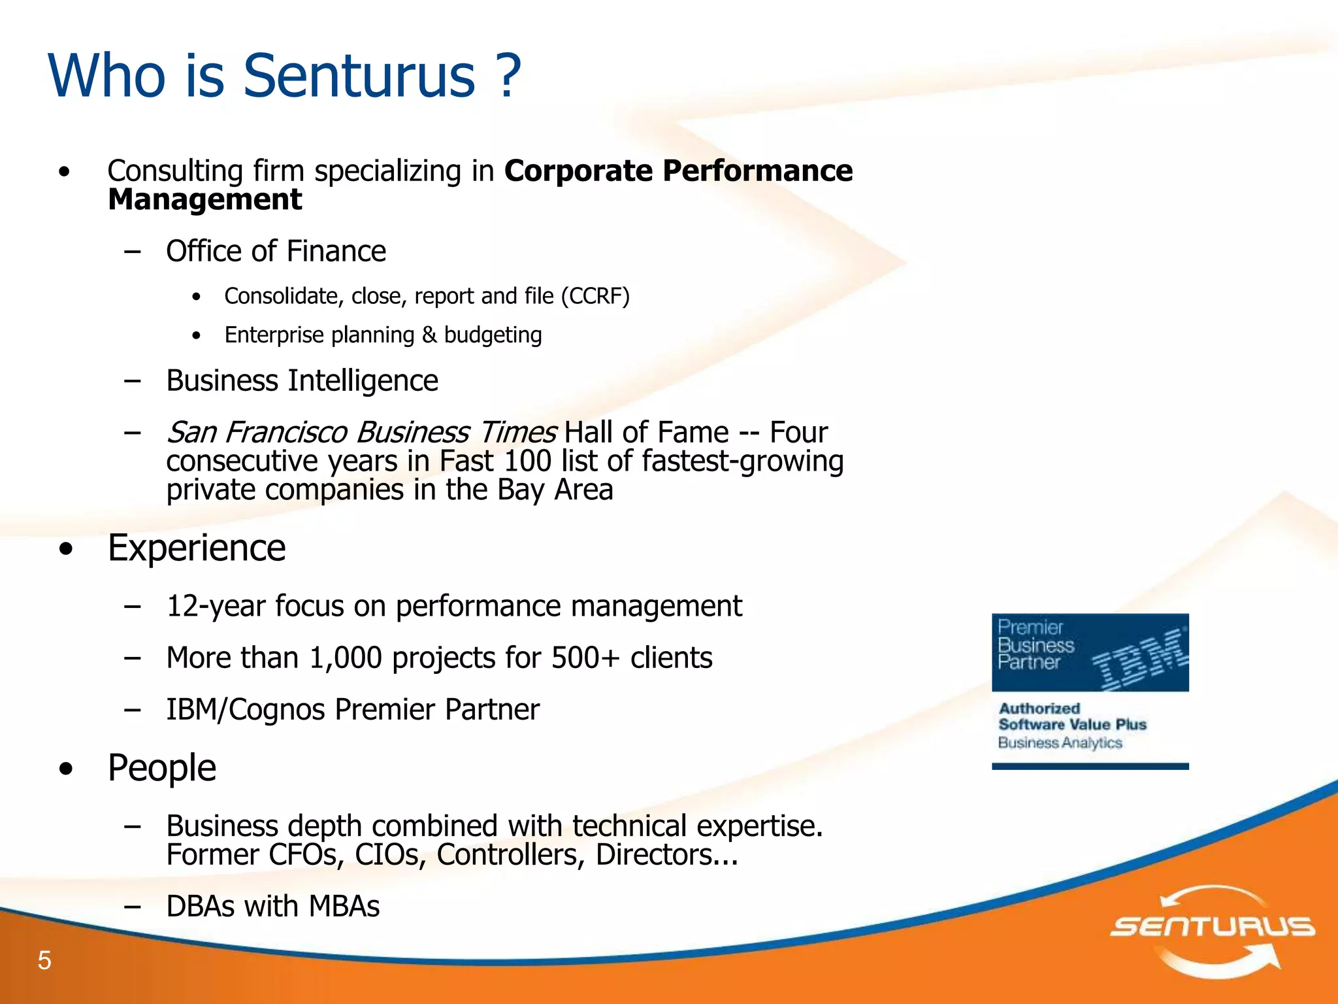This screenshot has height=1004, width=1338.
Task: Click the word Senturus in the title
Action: [x=359, y=76]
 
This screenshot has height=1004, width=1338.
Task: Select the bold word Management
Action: [x=204, y=199]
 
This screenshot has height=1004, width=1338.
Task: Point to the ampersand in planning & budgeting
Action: [x=429, y=335]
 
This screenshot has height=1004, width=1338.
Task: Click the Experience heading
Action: [x=197, y=548]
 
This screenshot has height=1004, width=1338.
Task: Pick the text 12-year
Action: [x=216, y=606]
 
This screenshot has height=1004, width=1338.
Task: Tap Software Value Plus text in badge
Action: [x=1072, y=724]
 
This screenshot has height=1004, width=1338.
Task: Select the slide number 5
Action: [x=44, y=960]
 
